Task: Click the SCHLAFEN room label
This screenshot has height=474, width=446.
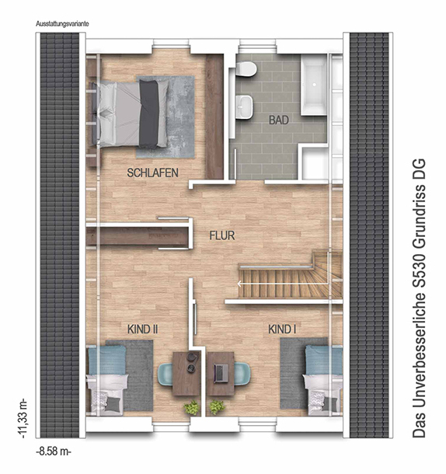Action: tap(153, 173)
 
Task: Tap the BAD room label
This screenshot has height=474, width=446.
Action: tap(279, 120)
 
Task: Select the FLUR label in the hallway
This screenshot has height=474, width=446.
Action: tap(222, 235)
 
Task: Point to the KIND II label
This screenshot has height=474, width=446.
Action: tap(142, 329)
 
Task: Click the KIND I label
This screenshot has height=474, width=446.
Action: tap(282, 329)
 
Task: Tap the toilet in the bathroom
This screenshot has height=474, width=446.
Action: tap(247, 69)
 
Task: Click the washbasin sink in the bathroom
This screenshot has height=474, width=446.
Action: tap(245, 106)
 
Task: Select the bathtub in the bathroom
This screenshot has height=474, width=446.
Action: tap(314, 85)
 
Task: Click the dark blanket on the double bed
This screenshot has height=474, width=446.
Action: tap(148, 114)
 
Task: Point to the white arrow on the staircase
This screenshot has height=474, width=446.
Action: tap(283, 284)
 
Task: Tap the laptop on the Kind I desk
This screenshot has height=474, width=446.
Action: tap(221, 373)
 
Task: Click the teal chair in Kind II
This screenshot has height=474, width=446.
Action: tap(166, 375)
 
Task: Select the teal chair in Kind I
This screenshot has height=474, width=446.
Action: tap(242, 374)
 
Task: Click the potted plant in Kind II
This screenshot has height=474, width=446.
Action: tap(192, 407)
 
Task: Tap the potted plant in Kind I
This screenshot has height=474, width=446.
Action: tap(217, 407)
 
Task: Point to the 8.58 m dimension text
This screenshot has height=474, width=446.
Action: tap(54, 452)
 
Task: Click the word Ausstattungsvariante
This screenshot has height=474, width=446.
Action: tap(62, 24)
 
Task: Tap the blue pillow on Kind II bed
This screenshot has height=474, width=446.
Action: tap(107, 360)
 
